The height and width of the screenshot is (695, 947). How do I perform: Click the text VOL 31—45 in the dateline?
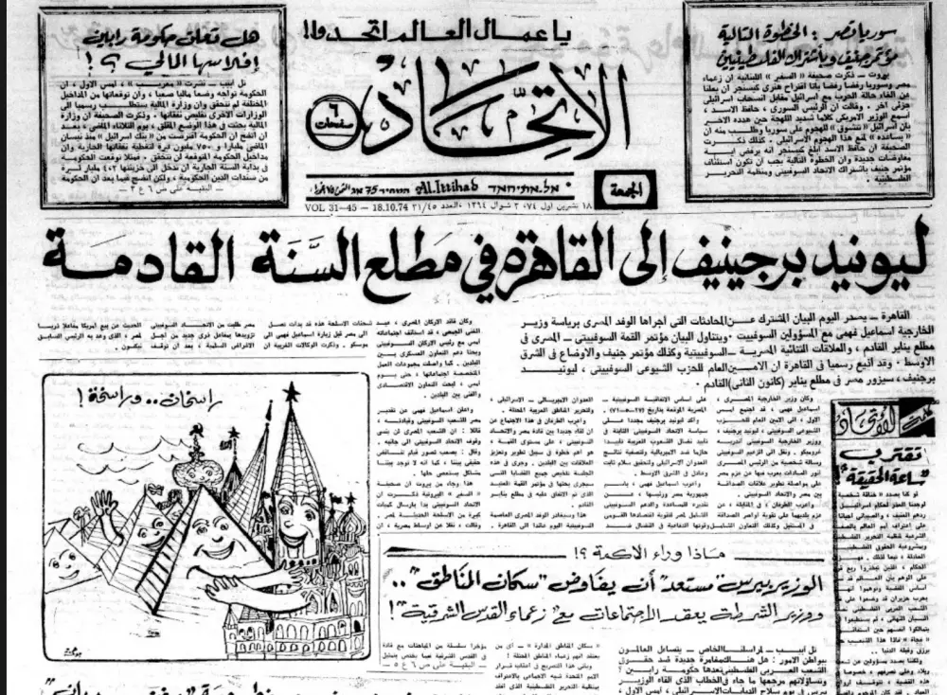tap(328, 207)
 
